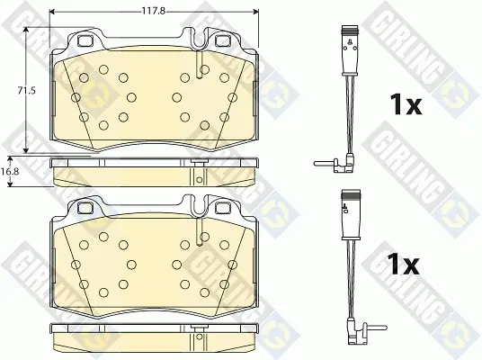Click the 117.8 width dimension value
tap(154, 12)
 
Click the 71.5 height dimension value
tap(26, 91)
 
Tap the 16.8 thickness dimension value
tap(10, 171)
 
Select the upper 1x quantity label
tap(406, 104)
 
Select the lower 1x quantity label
tap(403, 265)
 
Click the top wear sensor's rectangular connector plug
tap(350, 50)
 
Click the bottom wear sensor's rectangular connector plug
tap(351, 214)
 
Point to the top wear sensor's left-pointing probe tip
tap(315, 164)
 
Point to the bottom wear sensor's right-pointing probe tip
tap(385, 328)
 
